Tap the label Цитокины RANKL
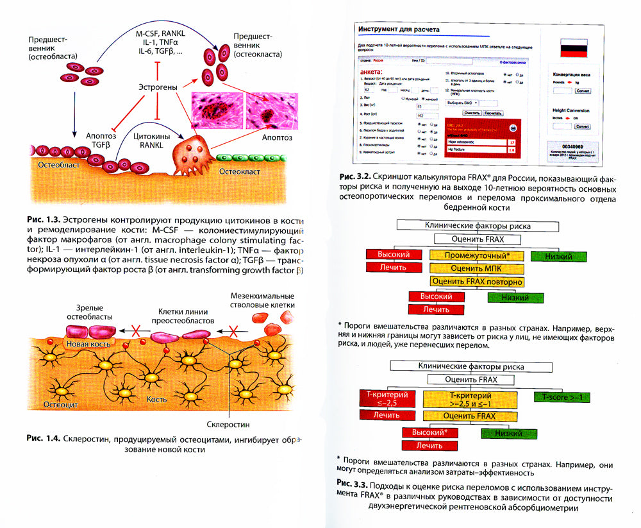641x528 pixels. click(x=151, y=141)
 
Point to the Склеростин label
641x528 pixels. click(x=228, y=424)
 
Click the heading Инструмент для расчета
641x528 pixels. click(x=399, y=30)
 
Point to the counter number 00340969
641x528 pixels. click(x=574, y=146)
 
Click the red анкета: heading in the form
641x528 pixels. click(x=371, y=72)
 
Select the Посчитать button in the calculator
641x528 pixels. click(x=494, y=112)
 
